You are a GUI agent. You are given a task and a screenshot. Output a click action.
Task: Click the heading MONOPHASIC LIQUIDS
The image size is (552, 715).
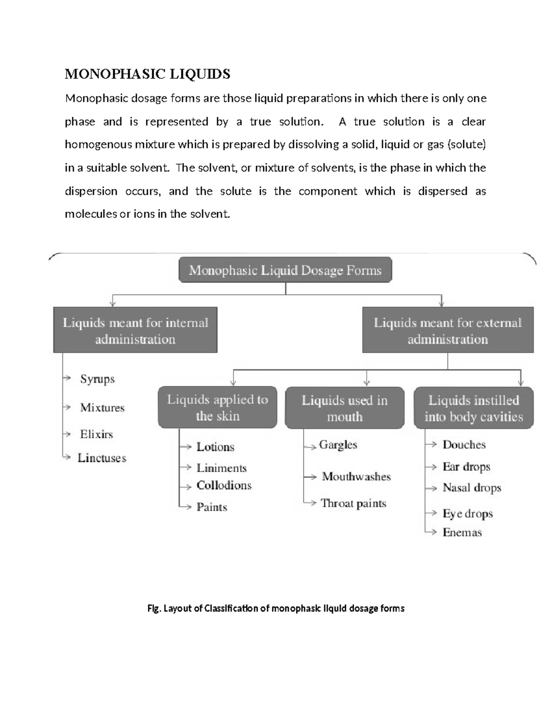147,74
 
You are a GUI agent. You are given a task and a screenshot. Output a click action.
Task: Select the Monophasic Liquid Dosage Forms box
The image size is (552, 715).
285,270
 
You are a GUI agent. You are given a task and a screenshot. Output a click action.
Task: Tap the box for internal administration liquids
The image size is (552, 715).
135,331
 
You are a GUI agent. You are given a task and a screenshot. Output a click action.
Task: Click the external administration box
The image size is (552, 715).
448,331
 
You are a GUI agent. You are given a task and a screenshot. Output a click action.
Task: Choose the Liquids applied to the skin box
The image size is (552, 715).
217,407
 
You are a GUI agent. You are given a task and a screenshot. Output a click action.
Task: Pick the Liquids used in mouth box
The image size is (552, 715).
345,408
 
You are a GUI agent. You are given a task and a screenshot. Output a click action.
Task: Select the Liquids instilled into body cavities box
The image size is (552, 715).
473,408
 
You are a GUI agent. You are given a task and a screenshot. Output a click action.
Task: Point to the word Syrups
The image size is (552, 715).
97,379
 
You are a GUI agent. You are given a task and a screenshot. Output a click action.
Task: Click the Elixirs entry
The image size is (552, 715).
96,434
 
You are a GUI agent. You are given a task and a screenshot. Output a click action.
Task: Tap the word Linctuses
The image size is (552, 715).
102,458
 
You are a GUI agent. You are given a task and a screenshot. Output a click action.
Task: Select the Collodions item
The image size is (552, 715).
224,485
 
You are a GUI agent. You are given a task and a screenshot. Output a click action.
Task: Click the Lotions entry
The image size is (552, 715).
215,447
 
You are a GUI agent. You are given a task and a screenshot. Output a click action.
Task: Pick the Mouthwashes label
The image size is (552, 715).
356,477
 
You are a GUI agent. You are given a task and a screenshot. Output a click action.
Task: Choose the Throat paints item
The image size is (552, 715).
353,503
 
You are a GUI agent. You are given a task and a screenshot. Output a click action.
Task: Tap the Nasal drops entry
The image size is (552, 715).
471,488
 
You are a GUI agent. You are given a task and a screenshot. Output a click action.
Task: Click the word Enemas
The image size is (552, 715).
462,533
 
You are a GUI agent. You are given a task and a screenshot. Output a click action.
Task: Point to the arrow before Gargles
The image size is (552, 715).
311,446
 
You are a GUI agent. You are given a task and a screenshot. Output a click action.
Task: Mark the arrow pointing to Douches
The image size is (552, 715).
432,444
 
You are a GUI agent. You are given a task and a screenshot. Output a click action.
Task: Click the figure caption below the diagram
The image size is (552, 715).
276,609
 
